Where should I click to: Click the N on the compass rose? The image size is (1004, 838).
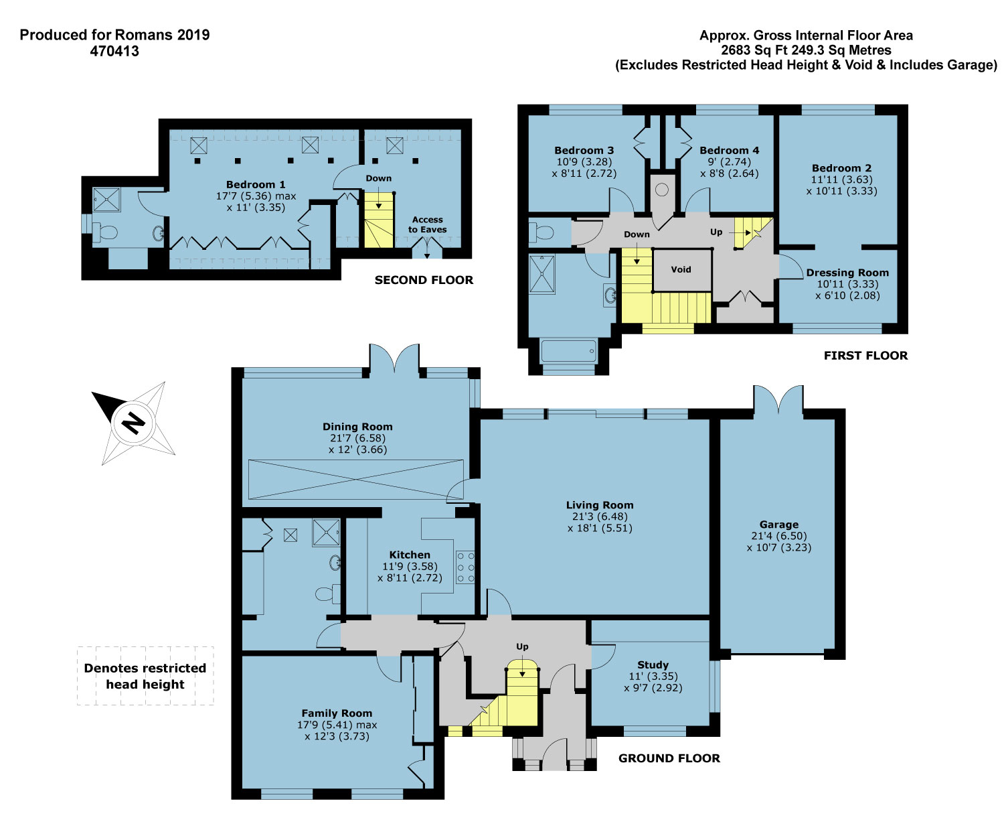coord(133,423)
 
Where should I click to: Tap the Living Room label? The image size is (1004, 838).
coord(599,505)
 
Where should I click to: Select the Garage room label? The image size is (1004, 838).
coord(778,525)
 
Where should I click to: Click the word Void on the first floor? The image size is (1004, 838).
coord(681,269)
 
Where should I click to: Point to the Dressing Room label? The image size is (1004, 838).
coord(847,273)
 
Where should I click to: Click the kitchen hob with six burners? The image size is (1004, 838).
coord(465,567)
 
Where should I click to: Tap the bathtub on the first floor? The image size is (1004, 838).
coord(569,351)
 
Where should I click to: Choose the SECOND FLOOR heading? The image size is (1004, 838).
coord(424,279)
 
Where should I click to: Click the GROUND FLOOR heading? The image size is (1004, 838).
coord(669,758)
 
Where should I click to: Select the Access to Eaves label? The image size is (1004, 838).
coord(428,224)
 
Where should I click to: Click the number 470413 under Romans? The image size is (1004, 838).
coord(114,51)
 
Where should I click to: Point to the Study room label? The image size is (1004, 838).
coord(653,665)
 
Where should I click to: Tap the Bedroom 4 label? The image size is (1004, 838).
coord(729,150)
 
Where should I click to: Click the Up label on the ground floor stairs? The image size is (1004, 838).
coord(522,646)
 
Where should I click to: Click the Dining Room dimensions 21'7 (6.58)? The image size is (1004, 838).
coord(357,438)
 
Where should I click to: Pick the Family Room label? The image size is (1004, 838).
coord(337,713)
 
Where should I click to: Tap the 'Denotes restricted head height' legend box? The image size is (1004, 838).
coord(145,676)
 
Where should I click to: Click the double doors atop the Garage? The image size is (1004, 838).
coord(778,399)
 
